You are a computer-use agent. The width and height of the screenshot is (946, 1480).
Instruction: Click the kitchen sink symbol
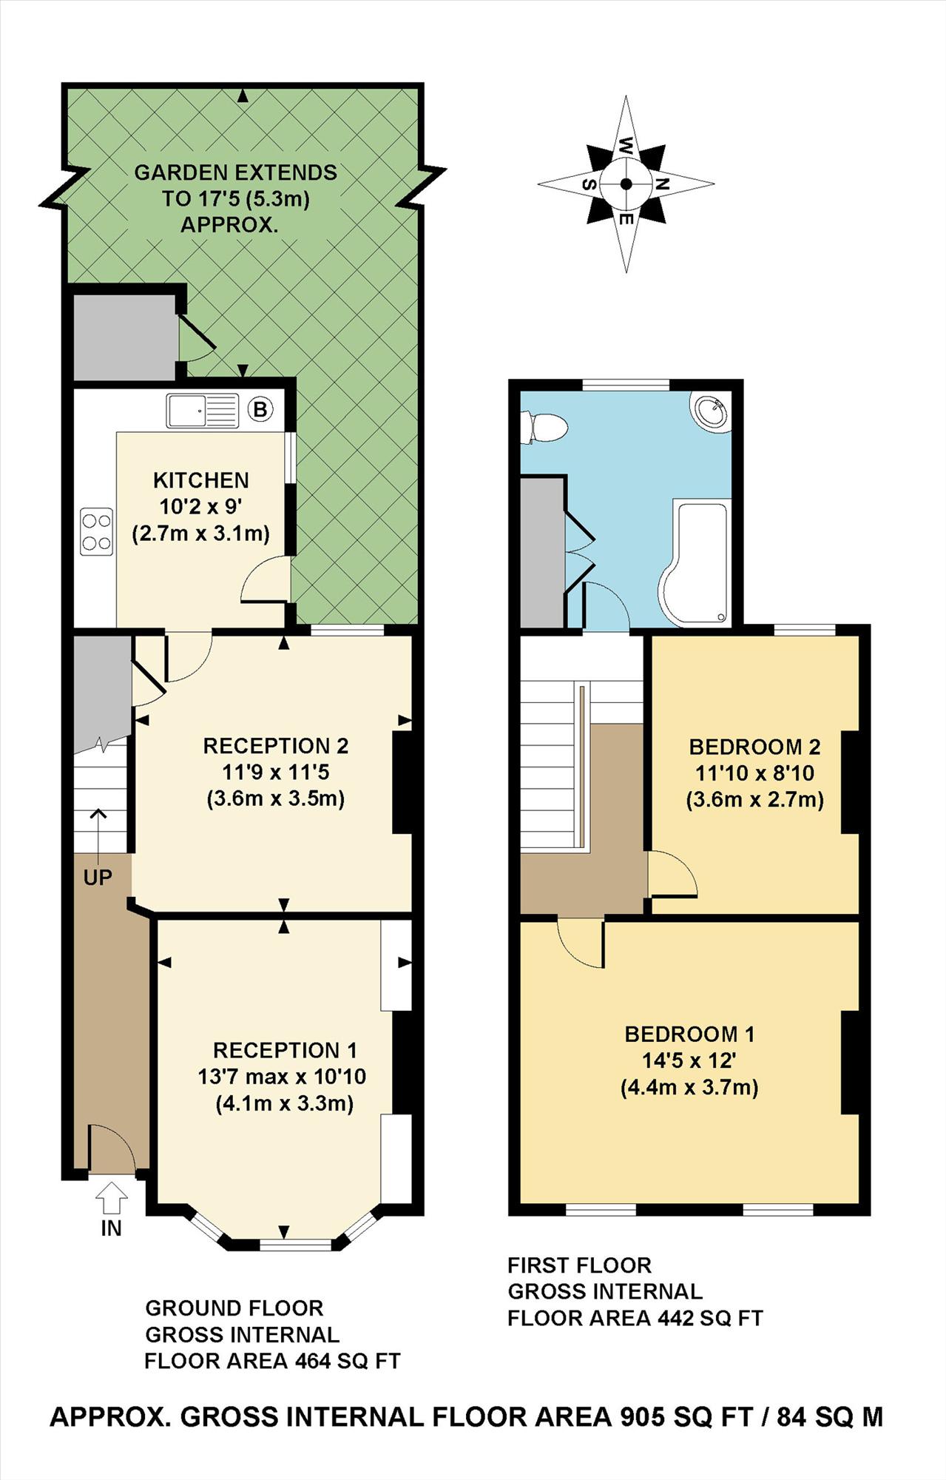click(202, 411)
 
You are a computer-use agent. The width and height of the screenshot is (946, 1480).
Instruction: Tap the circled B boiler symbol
click(260, 408)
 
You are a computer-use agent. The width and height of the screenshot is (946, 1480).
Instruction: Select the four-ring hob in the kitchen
click(97, 531)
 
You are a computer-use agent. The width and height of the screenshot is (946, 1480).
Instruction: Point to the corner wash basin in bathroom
click(711, 411)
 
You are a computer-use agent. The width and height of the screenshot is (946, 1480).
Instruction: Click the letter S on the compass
click(589, 184)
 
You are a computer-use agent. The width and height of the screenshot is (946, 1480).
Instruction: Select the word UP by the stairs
click(98, 878)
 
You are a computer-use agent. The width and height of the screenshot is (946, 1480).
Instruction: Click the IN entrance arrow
click(112, 1197)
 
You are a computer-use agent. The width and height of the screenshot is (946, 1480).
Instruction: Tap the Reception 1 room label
click(285, 1050)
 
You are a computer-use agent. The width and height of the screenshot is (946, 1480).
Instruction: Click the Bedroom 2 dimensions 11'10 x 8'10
click(754, 773)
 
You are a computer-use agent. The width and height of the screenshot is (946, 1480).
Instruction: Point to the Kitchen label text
click(200, 480)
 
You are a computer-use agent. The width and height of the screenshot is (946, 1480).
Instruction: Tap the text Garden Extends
click(235, 172)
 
